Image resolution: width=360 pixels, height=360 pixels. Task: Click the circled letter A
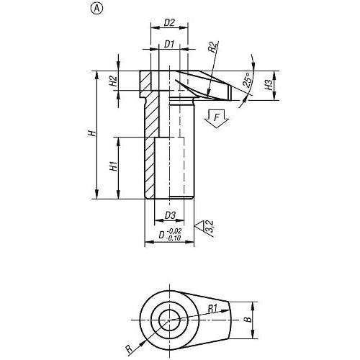[96, 9]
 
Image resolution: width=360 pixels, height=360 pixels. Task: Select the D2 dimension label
[169, 23]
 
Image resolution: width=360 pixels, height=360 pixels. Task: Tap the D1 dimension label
[169, 44]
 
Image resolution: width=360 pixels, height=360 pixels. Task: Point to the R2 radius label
[213, 47]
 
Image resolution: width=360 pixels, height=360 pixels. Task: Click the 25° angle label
[248, 79]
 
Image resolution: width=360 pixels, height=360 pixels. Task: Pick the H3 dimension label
[269, 85]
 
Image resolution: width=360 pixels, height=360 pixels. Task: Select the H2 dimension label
[113, 81]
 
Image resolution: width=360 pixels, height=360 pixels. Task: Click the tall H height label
[92, 133]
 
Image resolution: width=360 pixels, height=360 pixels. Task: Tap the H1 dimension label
[114, 166]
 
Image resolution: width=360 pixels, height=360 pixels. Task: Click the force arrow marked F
[217, 117]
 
